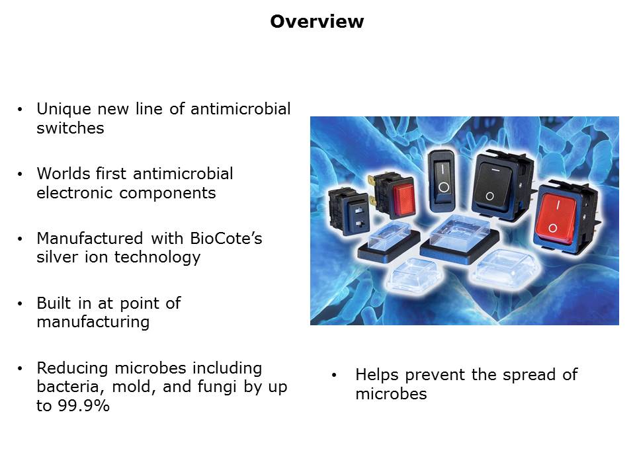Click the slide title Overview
point(317,21)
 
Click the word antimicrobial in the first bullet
point(241,109)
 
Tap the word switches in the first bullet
point(71,128)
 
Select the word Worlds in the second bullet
point(63,174)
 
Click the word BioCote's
point(226,239)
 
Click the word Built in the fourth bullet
point(54,303)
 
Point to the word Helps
point(377,376)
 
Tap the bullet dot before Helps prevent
point(333,376)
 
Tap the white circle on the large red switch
point(552,228)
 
